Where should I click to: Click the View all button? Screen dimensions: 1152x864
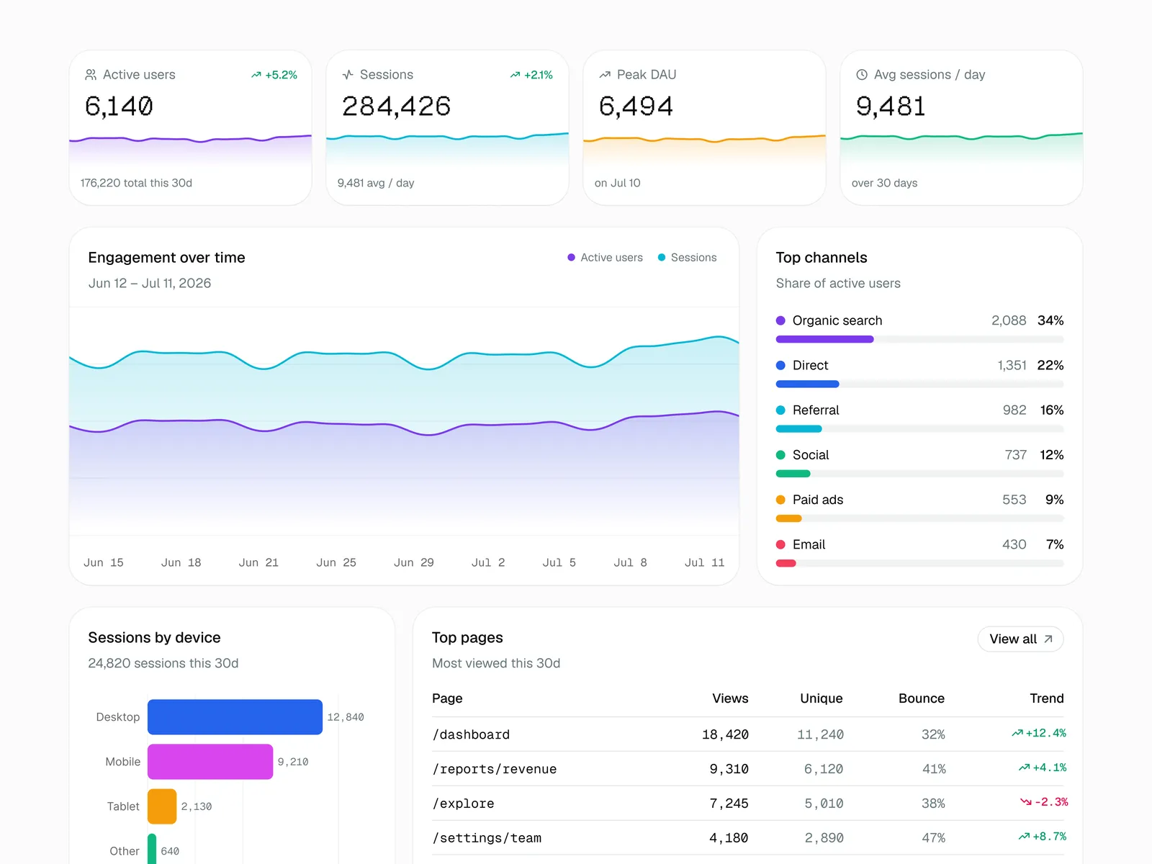click(x=1020, y=639)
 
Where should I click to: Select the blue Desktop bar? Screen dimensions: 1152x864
click(x=235, y=716)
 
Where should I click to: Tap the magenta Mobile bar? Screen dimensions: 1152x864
click(x=210, y=761)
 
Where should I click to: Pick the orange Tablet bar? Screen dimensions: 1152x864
click(x=162, y=806)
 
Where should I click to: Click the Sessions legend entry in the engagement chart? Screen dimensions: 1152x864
click(x=687, y=258)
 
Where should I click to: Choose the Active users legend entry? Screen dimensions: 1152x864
click(x=605, y=258)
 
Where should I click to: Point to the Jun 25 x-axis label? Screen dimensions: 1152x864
click(x=336, y=562)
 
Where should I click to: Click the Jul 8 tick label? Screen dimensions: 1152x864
click(x=630, y=562)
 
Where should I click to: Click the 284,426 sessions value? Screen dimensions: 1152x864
click(x=396, y=106)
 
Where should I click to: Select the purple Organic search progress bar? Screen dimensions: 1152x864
click(x=824, y=339)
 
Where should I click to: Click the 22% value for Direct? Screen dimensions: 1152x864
click(x=1050, y=365)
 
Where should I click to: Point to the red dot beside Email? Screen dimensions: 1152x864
click(x=780, y=544)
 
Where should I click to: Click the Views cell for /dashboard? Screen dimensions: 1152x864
click(x=725, y=734)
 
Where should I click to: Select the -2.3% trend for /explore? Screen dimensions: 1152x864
click(x=1044, y=802)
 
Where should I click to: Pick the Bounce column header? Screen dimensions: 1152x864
click(x=921, y=698)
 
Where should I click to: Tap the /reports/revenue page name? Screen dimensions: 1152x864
click(x=495, y=769)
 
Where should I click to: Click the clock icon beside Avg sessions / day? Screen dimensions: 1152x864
click(x=862, y=74)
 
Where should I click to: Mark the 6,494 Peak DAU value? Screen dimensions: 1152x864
click(x=636, y=106)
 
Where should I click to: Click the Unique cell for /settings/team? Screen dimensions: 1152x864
click(x=824, y=838)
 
